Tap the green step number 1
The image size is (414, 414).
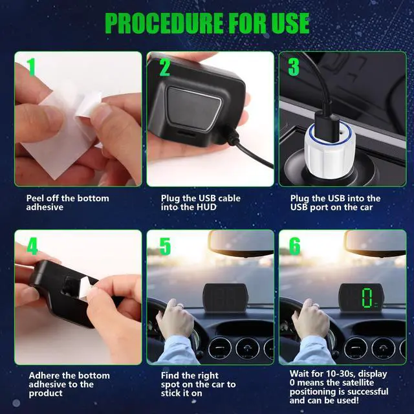coord(31,67)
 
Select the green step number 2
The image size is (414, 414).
coord(165,67)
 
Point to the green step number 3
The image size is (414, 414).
coord(294,67)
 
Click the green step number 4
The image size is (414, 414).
coord(32,246)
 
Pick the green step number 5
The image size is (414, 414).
coord(165,246)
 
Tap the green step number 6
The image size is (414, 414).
coord(295,246)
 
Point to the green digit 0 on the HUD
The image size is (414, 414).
coord(367,298)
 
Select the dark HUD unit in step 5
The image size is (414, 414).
coord(225,297)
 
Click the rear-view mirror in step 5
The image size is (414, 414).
coord(241,243)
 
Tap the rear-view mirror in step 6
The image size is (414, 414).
coord(375,243)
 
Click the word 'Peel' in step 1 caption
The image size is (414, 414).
coord(34,199)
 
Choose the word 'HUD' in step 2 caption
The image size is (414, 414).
coord(206,207)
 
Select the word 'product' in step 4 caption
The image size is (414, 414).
coord(46,393)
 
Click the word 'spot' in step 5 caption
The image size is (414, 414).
coord(170,385)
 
